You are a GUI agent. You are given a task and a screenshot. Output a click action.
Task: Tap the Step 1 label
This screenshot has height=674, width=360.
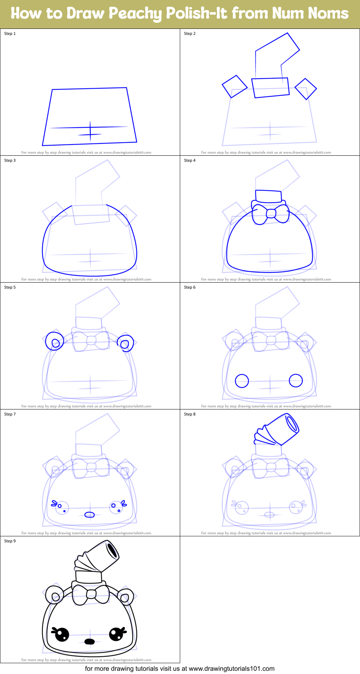coord(10,34)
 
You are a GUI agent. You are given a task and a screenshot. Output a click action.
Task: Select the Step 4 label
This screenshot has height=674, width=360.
coord(190,160)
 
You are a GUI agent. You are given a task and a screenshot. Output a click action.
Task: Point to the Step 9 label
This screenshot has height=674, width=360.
coord(10,541)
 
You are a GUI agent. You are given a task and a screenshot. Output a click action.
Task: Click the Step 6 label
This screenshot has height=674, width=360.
coord(190,287)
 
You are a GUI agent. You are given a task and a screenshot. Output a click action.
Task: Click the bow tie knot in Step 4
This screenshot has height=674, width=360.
coord(271,214)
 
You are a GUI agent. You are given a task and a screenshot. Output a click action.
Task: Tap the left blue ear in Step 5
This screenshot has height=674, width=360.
coord(55,341)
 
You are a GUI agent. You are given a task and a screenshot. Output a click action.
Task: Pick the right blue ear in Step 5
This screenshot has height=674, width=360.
coord(125,343)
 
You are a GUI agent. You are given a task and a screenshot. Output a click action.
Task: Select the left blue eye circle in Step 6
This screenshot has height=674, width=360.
coord(242,381)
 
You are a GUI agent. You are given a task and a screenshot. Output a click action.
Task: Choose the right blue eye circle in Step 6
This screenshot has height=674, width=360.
coord(296,380)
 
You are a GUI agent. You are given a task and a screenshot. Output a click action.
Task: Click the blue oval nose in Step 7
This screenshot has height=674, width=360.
coord(89,514)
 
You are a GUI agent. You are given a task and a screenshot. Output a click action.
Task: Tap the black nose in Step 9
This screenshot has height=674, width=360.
coord(89,641)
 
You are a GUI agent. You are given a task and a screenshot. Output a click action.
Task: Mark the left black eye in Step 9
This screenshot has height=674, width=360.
coord(62,634)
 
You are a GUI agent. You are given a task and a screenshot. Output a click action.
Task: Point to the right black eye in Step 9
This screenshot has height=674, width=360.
coord(117,634)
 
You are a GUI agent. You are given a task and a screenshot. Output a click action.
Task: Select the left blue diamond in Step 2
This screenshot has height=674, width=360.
coord(235,87)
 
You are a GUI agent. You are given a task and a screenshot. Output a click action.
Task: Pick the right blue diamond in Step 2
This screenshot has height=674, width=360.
coord(306,89)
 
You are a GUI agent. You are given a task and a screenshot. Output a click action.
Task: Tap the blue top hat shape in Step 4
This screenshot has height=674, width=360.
coord(268,196)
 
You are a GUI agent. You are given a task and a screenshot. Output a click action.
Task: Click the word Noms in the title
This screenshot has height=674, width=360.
coord(328,13)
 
